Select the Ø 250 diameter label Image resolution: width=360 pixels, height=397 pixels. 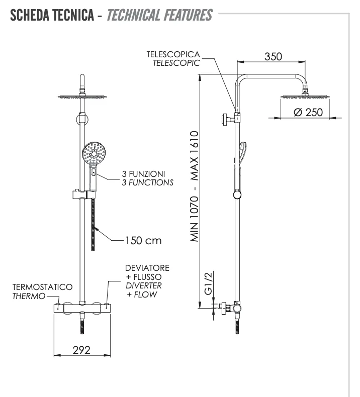coord(308,112)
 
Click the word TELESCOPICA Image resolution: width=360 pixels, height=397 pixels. coord(173,54)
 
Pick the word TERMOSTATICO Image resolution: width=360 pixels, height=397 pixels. coord(43,287)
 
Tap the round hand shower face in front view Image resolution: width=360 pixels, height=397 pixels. coord(94,153)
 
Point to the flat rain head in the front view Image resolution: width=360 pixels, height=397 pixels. coord(81,96)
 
